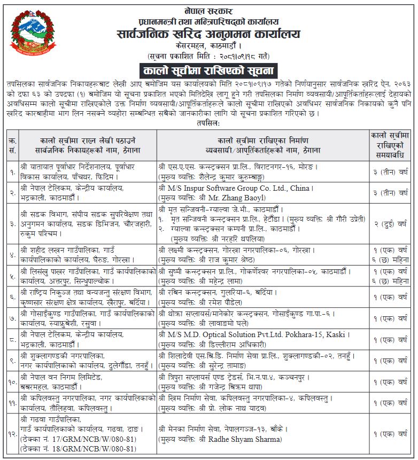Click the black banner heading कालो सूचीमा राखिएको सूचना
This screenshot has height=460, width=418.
pyautogui.click(x=208, y=71)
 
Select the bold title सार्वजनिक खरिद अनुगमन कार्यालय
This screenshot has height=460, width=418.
pyautogui.click(x=209, y=34)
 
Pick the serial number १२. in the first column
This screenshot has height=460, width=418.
pyautogui.click(x=12, y=434)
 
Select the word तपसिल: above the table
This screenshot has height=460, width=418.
pyautogui.click(x=208, y=122)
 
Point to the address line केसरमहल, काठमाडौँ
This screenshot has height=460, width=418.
pyautogui.click(x=209, y=46)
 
